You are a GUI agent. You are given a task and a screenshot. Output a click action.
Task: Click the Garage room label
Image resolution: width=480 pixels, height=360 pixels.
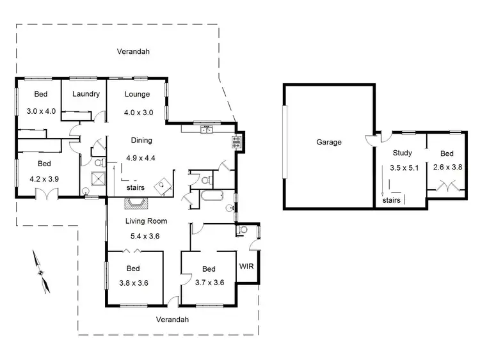[329, 142]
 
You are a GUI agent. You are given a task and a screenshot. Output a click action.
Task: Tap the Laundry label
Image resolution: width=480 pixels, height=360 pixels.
[86, 94]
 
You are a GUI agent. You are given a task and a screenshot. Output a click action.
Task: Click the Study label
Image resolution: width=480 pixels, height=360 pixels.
[403, 153]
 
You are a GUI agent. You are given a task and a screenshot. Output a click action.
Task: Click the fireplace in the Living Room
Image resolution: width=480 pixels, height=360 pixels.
[136, 203]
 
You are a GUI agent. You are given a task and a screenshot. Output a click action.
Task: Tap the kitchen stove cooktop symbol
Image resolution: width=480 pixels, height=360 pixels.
[236, 142]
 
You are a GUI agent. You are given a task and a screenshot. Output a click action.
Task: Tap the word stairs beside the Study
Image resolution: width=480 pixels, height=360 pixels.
[391, 200]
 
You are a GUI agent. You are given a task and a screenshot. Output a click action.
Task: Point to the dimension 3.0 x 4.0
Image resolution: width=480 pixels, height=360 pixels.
[42, 111]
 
